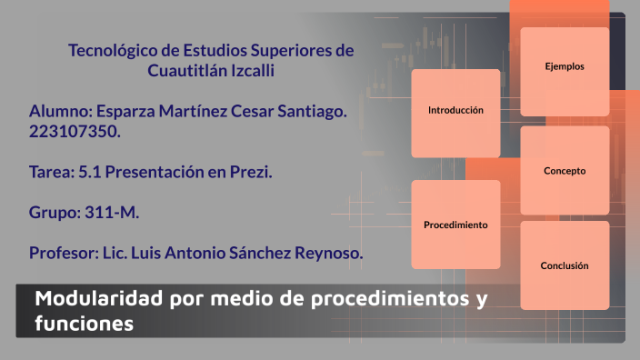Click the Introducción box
(455, 110)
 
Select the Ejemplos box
(564, 67)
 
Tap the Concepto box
(564, 171)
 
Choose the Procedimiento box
(455, 225)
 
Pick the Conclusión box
(564, 266)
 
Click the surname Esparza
(129, 112)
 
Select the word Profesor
(62, 254)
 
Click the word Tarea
(49, 172)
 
